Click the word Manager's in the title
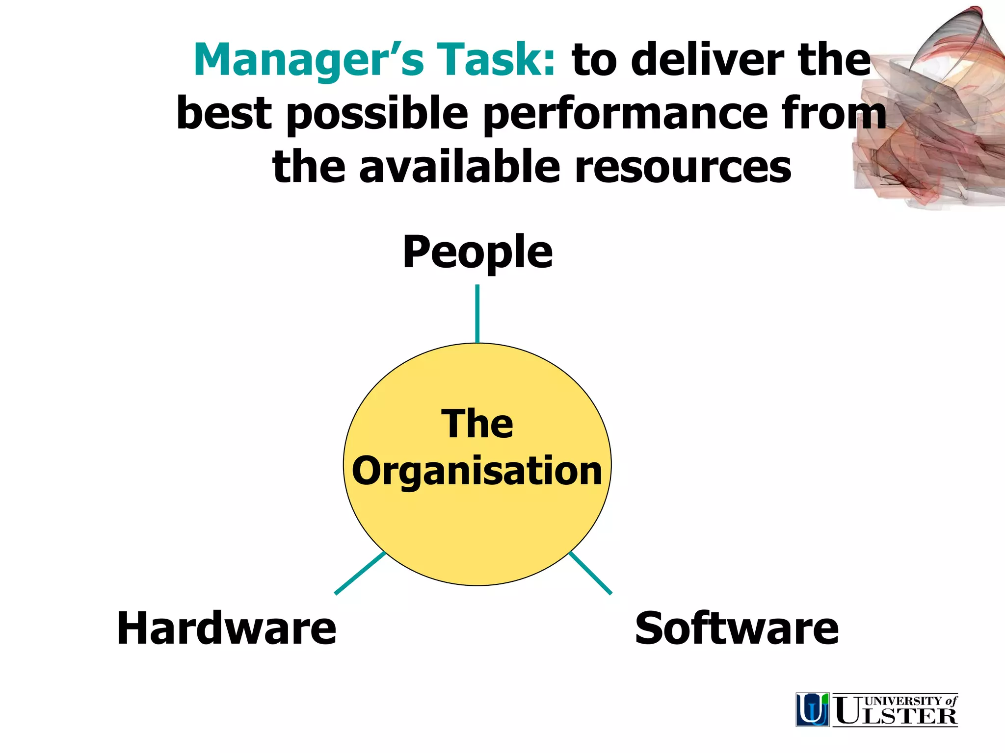tap(309, 60)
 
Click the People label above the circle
tap(477, 253)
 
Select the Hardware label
tap(226, 629)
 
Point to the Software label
tap(737, 629)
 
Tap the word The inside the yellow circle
tap(477, 424)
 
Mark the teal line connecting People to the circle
tap(477, 314)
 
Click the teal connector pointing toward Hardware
tap(360, 573)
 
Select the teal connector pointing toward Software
tap(590, 573)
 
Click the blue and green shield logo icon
tap(813, 709)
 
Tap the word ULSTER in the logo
tap(896, 716)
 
